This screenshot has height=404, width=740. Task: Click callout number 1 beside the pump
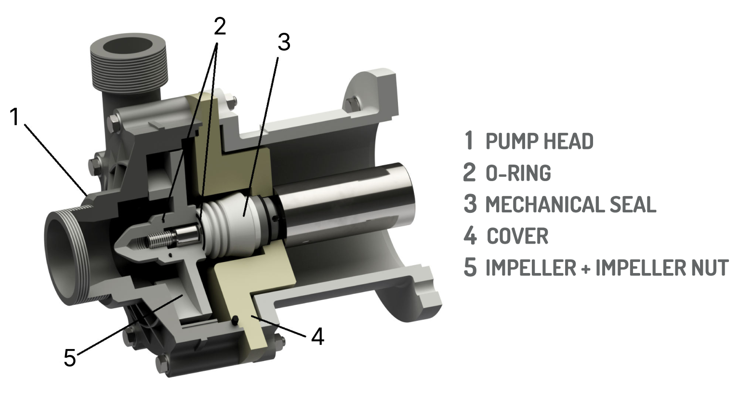click(14, 117)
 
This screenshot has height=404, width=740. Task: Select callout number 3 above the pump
click(284, 42)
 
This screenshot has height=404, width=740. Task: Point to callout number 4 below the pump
click(318, 336)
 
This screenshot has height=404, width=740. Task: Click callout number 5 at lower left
click(70, 357)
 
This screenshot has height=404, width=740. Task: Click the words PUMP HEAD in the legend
click(540, 141)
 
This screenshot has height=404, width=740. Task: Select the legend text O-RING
click(518, 172)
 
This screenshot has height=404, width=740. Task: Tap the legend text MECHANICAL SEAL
click(571, 204)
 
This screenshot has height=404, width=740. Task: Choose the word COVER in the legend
click(517, 235)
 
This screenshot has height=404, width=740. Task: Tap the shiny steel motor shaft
click(347, 204)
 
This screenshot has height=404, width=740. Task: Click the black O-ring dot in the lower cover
click(235, 320)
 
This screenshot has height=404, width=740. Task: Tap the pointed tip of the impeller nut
click(116, 246)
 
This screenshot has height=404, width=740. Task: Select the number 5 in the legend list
click(470, 267)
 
